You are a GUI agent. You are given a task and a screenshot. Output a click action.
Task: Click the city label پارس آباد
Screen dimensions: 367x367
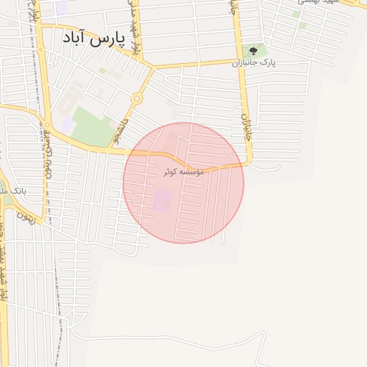[x=89, y=37]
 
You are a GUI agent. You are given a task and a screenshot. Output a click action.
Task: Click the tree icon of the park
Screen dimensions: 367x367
[x=252, y=51]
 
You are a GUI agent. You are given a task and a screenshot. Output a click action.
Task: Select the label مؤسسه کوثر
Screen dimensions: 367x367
[x=183, y=172]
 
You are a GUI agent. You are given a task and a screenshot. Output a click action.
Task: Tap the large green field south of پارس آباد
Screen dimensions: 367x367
[x=91, y=125]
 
